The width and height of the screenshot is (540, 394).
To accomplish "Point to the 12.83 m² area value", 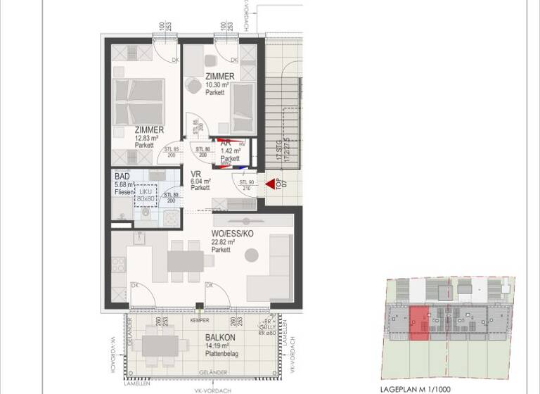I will (x=148, y=138).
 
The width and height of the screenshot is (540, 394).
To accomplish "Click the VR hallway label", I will (x=196, y=173).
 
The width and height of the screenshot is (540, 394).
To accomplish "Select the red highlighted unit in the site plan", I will (x=418, y=323).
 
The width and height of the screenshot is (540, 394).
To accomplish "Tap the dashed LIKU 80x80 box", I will (x=146, y=195).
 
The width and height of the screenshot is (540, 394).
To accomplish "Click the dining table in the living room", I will (x=186, y=261).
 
